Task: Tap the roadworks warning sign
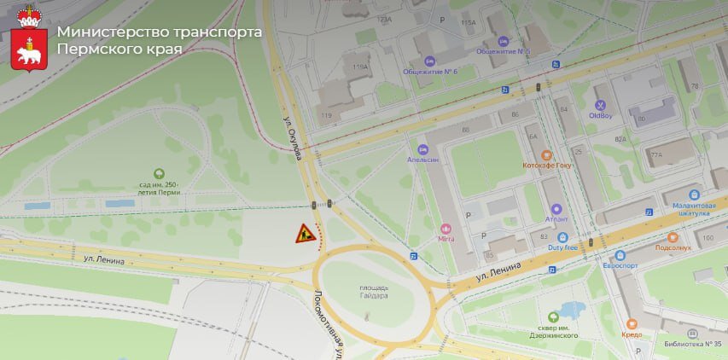click(305, 233)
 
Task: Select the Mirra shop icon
click(446, 228)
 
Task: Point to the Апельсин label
click(422, 160)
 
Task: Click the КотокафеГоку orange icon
click(548, 157)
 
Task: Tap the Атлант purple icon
click(556, 209)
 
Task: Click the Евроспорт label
click(620, 266)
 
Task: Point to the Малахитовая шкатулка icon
click(694, 195)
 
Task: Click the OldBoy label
click(601, 115)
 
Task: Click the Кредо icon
click(632, 324)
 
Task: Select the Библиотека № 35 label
click(692, 344)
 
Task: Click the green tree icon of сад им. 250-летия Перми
click(158, 174)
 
